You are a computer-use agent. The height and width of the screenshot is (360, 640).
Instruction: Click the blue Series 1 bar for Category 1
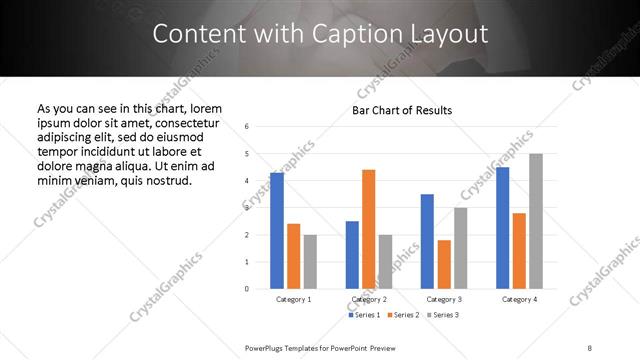(277, 230)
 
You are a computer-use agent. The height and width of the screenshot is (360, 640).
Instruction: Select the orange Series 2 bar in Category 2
(368, 229)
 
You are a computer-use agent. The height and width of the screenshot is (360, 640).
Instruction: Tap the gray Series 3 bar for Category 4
(536, 221)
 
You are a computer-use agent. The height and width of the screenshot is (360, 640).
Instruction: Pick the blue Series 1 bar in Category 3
(427, 241)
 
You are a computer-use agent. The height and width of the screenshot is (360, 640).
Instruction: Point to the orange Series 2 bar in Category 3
(444, 264)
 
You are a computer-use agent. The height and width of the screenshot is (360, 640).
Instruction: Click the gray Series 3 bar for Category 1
(310, 261)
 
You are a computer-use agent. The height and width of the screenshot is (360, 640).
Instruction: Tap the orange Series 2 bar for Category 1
(293, 256)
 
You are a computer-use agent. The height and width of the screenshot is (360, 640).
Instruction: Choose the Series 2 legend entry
(403, 315)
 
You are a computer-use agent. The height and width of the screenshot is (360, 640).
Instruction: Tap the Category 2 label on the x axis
(368, 299)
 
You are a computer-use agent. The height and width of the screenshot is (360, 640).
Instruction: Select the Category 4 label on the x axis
(519, 299)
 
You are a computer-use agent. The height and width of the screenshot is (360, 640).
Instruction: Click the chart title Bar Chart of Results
(403, 110)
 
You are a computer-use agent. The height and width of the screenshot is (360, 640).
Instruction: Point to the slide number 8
(590, 347)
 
